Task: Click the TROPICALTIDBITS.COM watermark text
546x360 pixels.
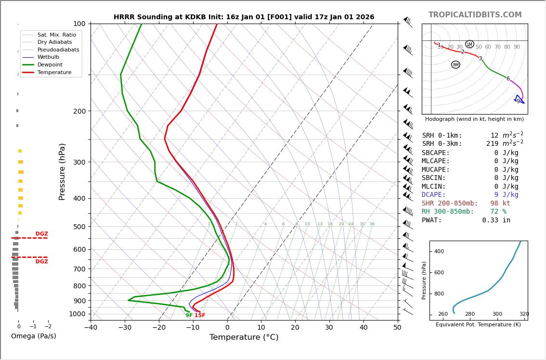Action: (x=475, y=15)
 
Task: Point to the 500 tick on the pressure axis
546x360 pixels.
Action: (x=79, y=227)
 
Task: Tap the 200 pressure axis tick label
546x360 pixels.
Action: (x=79, y=111)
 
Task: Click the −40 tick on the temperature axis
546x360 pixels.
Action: (x=91, y=328)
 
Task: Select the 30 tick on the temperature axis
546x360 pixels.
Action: (x=329, y=328)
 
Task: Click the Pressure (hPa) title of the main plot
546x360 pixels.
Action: (x=62, y=171)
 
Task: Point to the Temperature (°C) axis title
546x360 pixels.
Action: (x=244, y=337)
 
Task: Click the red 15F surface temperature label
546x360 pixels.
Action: (x=200, y=316)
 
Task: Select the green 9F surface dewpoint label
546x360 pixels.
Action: (x=189, y=316)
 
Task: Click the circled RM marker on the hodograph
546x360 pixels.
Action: (x=455, y=64)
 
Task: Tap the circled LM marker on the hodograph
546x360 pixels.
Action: (x=469, y=44)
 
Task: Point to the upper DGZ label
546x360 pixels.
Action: (x=41, y=234)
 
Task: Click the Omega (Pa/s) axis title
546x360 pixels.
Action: (x=33, y=336)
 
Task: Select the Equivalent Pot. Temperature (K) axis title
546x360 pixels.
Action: (x=478, y=325)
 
